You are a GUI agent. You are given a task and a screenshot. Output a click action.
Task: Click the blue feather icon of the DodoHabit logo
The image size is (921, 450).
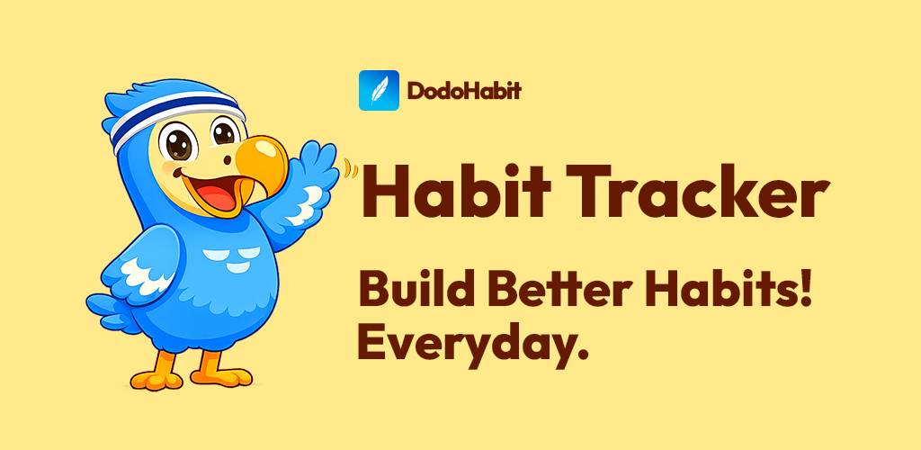tap(379, 90)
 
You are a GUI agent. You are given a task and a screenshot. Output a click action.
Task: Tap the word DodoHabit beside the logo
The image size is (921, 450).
tap(463, 91)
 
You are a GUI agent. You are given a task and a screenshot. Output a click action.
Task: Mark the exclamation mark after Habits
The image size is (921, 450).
tap(805, 290)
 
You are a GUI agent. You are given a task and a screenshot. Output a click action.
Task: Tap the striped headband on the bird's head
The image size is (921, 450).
tap(179, 112)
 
